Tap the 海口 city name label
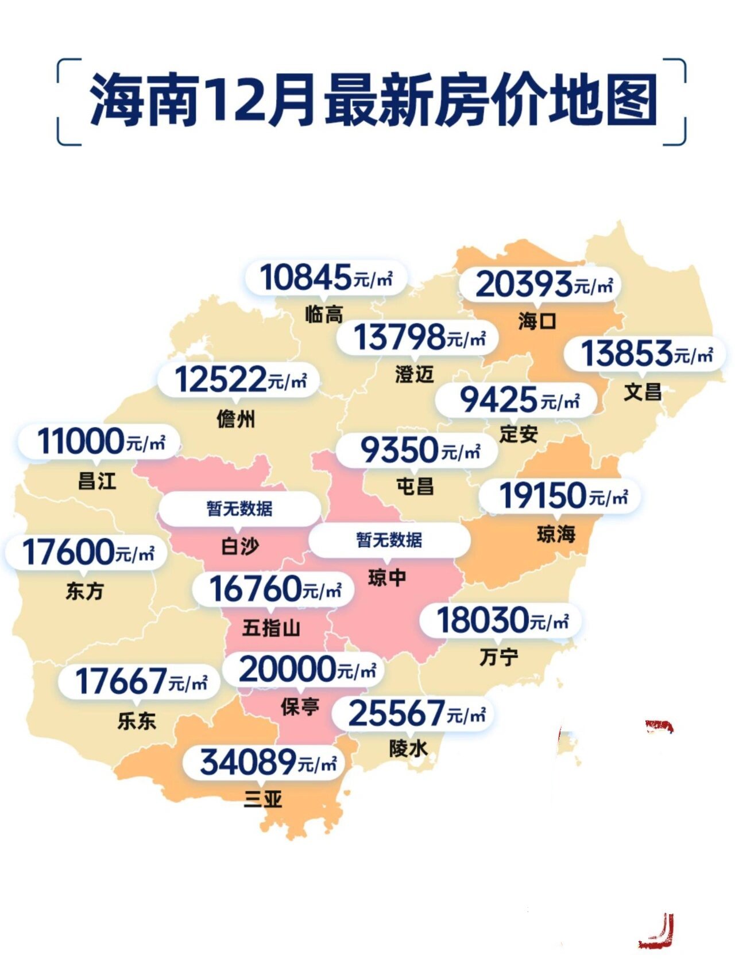[x=537, y=321]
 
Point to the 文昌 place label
[x=643, y=393]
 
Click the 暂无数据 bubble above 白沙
[x=239, y=508]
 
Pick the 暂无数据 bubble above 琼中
[x=389, y=540]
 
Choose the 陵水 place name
[x=408, y=748]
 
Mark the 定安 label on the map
[x=519, y=434]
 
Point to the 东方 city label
[x=84, y=591]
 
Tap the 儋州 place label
[x=236, y=419]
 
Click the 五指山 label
[x=271, y=628]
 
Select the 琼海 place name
[x=556, y=534]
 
